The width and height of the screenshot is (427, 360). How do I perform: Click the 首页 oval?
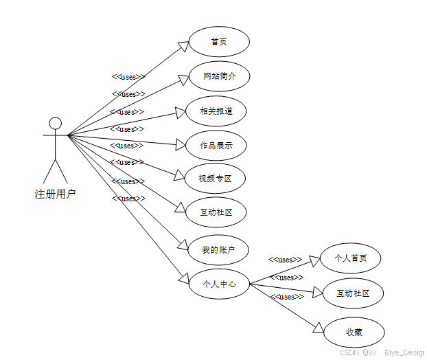point(219,42)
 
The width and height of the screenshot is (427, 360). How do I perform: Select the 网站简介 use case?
point(219,76)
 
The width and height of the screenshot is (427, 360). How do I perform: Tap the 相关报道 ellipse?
point(216,111)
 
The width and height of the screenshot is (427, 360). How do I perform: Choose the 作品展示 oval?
point(216,145)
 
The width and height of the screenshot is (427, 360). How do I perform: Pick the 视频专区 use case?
point(216,179)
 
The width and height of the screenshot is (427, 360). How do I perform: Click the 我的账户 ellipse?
point(218,250)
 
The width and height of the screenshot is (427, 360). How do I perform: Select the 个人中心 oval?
point(218,283)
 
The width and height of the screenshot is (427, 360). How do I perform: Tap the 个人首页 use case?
point(350,258)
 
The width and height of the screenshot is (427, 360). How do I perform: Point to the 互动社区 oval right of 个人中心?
point(353,293)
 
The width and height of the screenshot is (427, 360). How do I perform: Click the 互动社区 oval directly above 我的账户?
point(216,212)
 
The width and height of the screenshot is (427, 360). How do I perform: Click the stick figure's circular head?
point(55,123)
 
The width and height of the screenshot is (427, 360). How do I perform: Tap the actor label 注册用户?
point(55,194)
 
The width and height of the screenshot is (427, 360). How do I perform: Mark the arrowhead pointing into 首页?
point(184,46)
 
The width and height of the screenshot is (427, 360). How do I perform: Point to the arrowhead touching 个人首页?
point(316,260)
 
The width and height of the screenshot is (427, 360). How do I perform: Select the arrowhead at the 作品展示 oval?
point(181,144)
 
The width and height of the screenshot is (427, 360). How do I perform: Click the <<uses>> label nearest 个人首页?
point(285,260)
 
